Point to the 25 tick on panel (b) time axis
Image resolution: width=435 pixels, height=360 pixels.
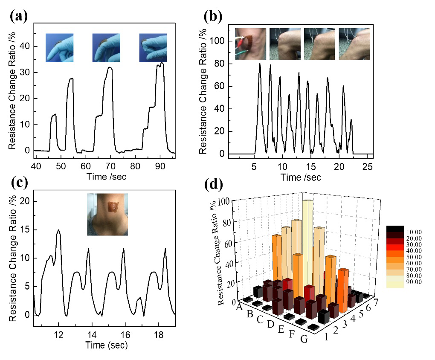[x=367, y=166]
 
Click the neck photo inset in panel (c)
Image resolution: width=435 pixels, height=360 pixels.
[x=107, y=214]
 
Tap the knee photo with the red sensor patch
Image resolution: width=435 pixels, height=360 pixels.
[x=251, y=44]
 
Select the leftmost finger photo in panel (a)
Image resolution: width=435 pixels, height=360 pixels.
[x=60, y=48]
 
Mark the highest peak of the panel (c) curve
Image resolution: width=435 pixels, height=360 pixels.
[x=58, y=230]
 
